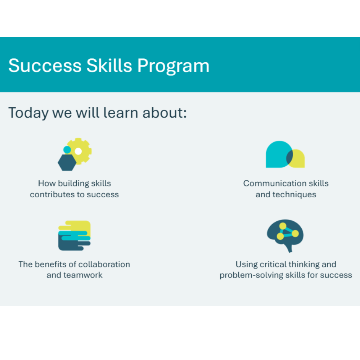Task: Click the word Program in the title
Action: tap(174, 66)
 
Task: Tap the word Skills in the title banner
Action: tap(109, 66)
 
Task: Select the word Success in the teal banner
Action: tap(45, 66)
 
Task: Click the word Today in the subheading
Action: tap(28, 113)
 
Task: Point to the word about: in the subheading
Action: tap(165, 113)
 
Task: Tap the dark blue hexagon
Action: tap(67, 162)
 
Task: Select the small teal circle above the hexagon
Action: tap(67, 150)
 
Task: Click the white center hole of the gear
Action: tap(78, 151)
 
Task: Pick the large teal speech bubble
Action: tap(277, 154)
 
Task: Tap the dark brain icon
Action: tap(285, 235)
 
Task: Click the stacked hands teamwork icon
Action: tap(75, 235)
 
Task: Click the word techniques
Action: tap(294, 195)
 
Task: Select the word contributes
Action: tap(52, 195)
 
